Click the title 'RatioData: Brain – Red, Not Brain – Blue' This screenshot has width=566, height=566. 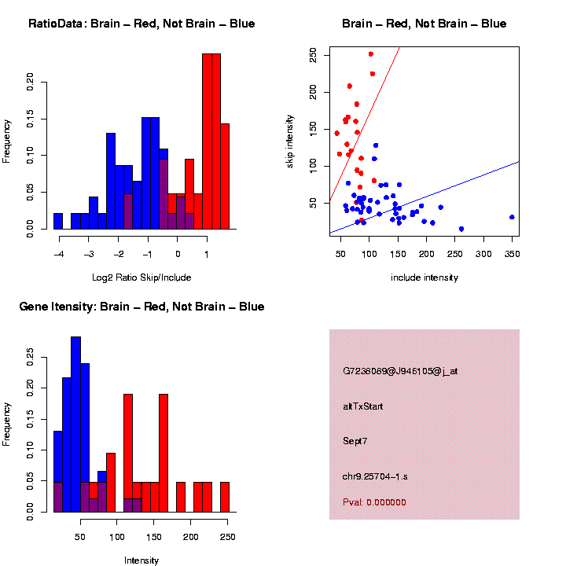[141, 24]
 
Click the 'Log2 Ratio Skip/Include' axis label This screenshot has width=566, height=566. [141, 277]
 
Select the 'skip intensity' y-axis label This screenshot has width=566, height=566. [290, 140]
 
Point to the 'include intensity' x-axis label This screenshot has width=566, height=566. [424, 277]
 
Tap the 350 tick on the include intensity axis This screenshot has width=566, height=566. [512, 254]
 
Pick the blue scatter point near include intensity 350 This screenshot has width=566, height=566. [512, 217]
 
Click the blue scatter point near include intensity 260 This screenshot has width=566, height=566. [461, 229]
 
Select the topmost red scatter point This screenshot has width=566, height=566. [371, 54]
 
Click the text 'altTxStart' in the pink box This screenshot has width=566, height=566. [362, 406]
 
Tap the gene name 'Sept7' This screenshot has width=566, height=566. [355, 441]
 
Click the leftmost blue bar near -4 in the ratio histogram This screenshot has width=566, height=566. [58, 222]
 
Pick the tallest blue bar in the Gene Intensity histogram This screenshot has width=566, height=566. [76, 424]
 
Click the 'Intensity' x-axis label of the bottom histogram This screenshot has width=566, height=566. [141, 560]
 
